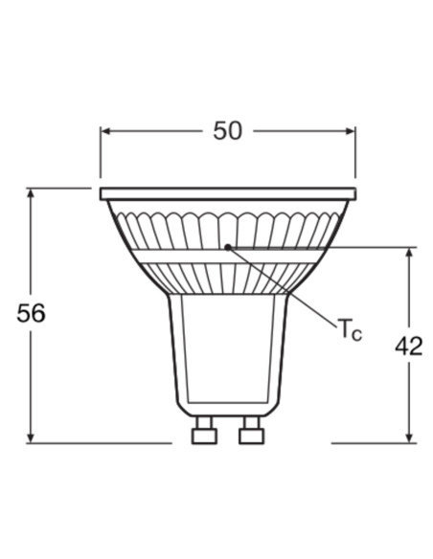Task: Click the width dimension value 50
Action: pyautogui.click(x=227, y=131)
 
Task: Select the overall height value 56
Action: pyautogui.click(x=32, y=313)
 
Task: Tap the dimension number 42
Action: pyautogui.click(x=408, y=346)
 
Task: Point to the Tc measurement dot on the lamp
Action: pyautogui.click(x=227, y=247)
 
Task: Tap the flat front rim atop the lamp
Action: pyautogui.click(x=227, y=193)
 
